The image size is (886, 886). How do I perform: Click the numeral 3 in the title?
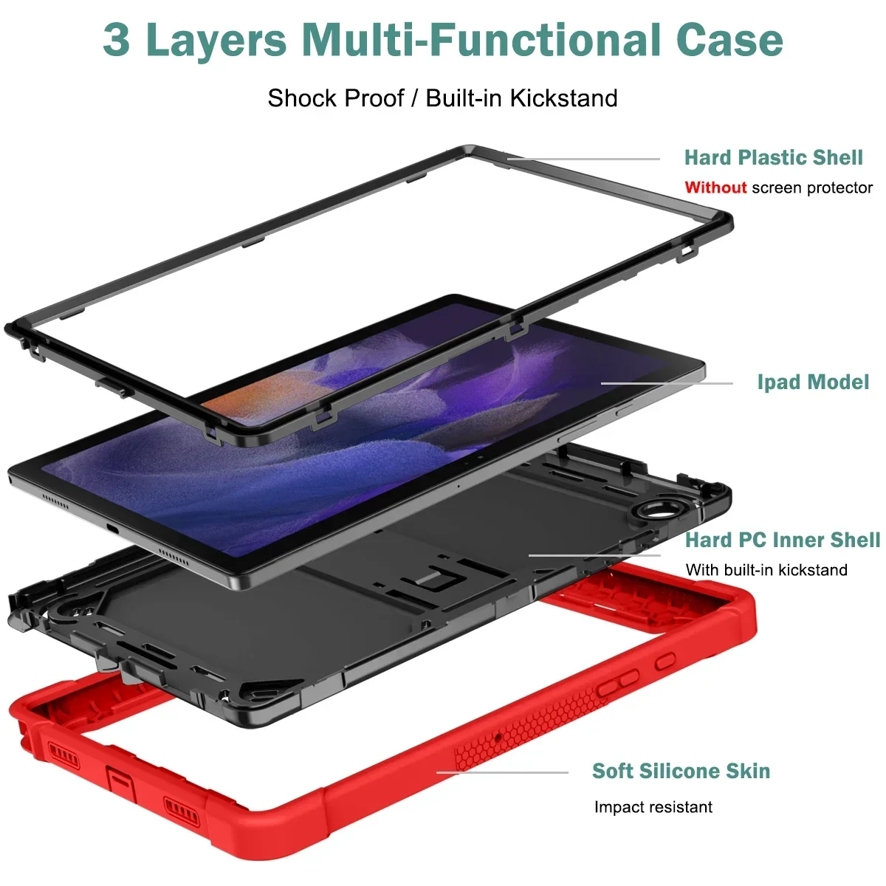click(x=117, y=40)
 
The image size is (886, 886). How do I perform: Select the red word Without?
click(x=715, y=188)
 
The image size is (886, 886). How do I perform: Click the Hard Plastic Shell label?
click(x=773, y=157)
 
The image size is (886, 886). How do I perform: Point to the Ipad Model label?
click(x=813, y=382)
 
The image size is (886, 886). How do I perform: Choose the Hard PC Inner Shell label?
click(x=783, y=540)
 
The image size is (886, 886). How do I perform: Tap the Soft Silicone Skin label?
click(x=681, y=771)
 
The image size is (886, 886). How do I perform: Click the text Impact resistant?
click(x=653, y=807)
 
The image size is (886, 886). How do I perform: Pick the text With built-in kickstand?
click(x=766, y=570)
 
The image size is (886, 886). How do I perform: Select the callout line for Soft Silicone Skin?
click(x=502, y=772)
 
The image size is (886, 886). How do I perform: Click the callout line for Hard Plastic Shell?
click(x=583, y=159)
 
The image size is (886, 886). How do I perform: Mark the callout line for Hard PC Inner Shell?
click(x=594, y=555)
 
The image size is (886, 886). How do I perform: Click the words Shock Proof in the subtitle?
click(x=336, y=98)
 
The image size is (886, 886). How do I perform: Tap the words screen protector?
click(x=812, y=188)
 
